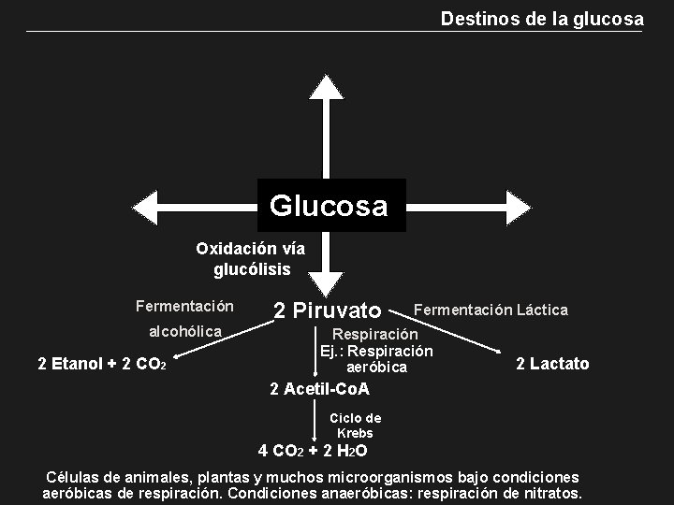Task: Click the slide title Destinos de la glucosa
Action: (542, 19)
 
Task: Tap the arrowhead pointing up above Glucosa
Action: (327, 86)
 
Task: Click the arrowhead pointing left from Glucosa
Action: (147, 206)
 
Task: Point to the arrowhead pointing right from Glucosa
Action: (516, 206)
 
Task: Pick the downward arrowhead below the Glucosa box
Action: (327, 283)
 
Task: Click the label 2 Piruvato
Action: (328, 310)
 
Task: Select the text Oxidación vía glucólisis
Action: (251, 259)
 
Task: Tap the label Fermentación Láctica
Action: (491, 310)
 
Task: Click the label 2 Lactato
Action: (552, 364)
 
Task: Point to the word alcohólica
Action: (185, 331)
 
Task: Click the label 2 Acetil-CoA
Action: (319, 389)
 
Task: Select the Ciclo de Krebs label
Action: (355, 426)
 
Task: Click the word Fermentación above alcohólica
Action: (184, 306)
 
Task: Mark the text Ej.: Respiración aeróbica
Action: (376, 359)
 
